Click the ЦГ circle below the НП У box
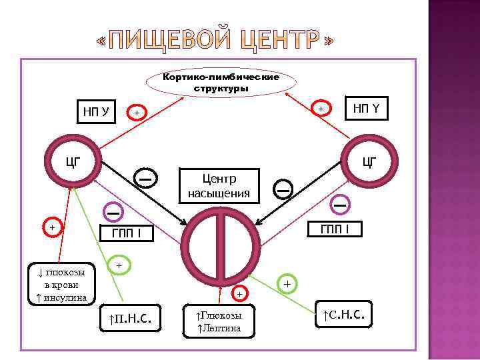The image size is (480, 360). point(72,161)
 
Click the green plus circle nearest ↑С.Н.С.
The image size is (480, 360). point(287,283)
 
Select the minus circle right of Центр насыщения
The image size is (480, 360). point(283,190)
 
